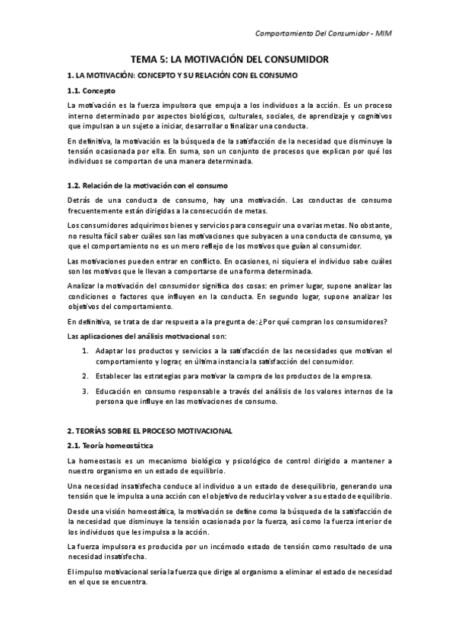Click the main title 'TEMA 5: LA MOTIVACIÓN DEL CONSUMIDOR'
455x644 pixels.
coord(227,58)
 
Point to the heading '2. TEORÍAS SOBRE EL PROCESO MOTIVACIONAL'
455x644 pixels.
coord(149,431)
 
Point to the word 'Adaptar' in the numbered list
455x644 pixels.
coord(110,350)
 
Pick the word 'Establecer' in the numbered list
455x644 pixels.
coord(115,374)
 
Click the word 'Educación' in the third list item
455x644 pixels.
coord(114,391)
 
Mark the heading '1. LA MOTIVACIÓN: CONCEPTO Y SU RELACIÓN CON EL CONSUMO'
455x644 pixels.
coord(182,76)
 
